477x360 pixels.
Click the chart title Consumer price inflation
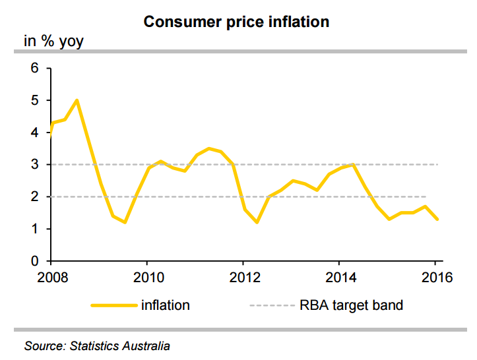click(236, 22)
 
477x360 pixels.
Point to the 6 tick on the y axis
click(35, 69)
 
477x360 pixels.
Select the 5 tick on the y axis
click(35, 101)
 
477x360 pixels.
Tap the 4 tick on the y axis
click(35, 133)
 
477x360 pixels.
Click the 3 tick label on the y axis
click(35, 165)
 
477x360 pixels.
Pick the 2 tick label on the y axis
click(35, 197)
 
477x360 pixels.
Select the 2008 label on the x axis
click(51, 276)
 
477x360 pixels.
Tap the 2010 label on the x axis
click(146, 276)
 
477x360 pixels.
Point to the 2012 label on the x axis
click(243, 276)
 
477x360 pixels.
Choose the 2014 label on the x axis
click(339, 276)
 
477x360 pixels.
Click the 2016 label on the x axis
click(435, 276)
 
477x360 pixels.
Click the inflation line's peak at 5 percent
click(77, 100)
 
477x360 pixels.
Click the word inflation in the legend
click(165, 305)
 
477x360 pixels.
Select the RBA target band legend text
click(351, 305)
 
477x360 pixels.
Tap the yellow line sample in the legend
click(112, 305)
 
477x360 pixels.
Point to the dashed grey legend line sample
click(271, 305)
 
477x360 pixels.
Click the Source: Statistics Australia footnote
click(97, 345)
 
